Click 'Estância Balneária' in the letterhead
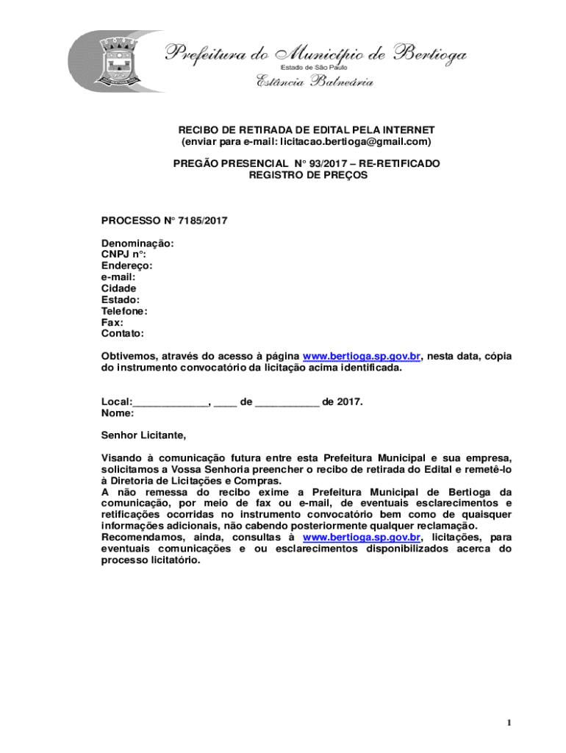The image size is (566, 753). pyautogui.click(x=314, y=82)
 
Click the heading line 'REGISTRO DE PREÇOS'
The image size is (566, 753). pyautogui.click(x=307, y=176)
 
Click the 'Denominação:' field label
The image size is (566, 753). pyautogui.click(x=137, y=243)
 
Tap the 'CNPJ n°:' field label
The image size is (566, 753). pyautogui.click(x=123, y=254)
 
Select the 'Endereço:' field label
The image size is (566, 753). pyautogui.click(x=126, y=265)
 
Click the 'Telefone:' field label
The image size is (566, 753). pyautogui.click(x=124, y=311)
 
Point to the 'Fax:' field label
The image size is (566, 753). pyautogui.click(x=112, y=322)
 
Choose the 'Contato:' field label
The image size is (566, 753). pyautogui.click(x=123, y=334)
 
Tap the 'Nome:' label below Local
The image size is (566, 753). pyautogui.click(x=117, y=413)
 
